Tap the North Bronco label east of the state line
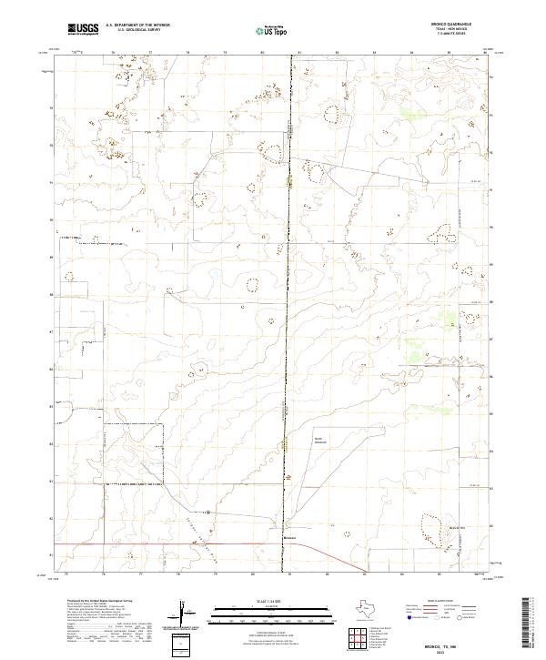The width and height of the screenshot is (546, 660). coord(318,442)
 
